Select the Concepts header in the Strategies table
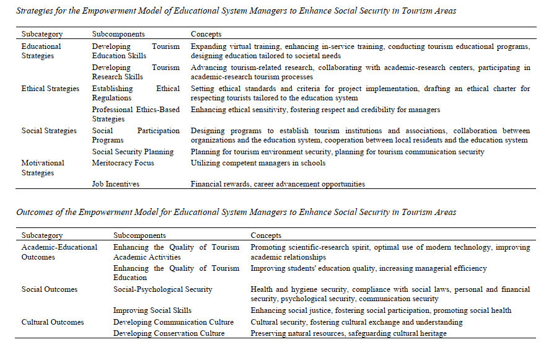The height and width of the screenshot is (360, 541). point(206,34)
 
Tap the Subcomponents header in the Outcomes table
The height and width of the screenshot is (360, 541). point(139,235)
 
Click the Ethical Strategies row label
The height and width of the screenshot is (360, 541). point(50,89)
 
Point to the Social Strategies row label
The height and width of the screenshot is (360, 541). point(49,131)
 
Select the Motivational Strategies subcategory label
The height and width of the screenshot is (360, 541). point(43,168)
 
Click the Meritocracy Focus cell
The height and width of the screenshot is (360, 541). point(123,163)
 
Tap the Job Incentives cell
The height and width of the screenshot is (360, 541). point(115,184)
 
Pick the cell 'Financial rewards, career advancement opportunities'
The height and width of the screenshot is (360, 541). point(278,184)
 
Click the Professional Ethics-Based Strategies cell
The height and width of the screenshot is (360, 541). point(136,114)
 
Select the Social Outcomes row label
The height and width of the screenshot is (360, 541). point(50,289)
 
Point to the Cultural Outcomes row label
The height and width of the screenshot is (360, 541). point(52,322)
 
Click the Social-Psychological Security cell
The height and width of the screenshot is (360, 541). point(162,289)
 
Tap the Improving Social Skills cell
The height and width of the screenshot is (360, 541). point(152,310)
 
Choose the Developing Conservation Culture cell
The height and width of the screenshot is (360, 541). point(169,333)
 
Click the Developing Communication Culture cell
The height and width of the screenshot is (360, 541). point(173,322)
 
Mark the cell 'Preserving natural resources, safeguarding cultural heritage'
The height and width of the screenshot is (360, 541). point(348,333)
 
